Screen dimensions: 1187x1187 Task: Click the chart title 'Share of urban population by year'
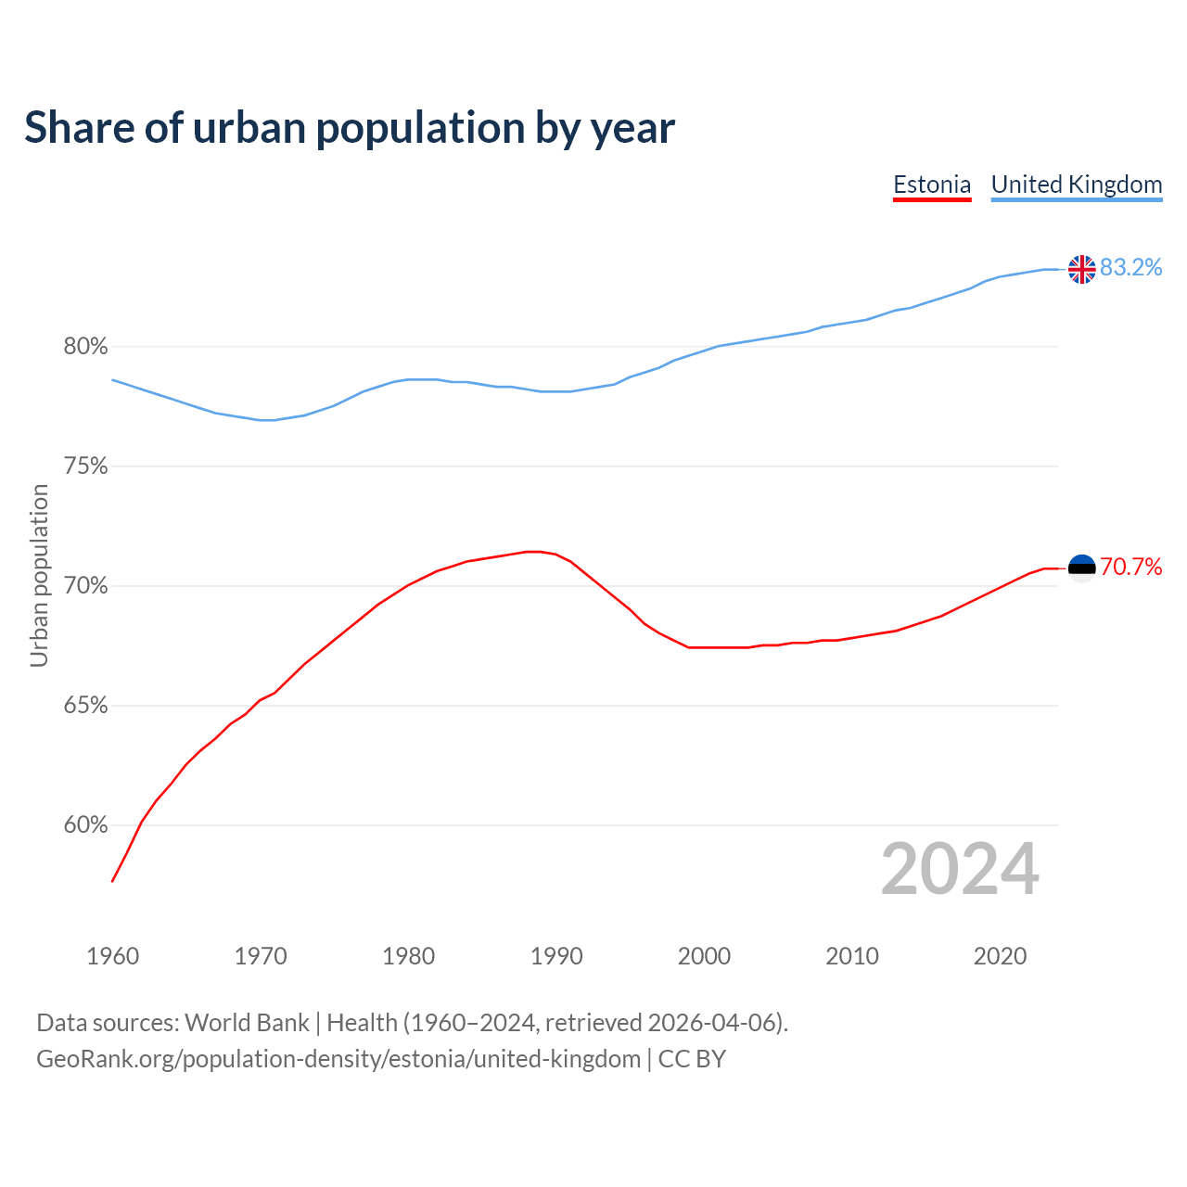[349, 128]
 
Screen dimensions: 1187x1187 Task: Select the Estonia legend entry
[931, 185]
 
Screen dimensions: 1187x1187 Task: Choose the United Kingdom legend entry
[1076, 185]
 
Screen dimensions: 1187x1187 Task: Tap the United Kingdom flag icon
[1081, 269]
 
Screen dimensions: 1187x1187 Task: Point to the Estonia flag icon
[1081, 568]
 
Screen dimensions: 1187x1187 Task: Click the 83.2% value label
[1130, 268]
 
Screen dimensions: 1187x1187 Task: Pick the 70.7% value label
[1130, 568]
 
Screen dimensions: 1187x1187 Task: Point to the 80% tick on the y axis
[85, 347]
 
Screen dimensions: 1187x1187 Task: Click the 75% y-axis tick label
[85, 466]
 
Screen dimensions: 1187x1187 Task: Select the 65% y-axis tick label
[85, 706]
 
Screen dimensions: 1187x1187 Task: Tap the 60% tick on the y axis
[85, 825]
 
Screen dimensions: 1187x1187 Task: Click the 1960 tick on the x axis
[112, 956]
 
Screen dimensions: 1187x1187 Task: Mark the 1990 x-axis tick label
[556, 956]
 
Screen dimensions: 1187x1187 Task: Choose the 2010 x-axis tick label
[852, 956]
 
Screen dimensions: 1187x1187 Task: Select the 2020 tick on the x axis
[1000, 956]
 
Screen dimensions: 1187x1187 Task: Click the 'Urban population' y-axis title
[39, 575]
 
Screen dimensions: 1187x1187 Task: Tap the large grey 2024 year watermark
[960, 869]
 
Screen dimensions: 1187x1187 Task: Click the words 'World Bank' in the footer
[247, 1023]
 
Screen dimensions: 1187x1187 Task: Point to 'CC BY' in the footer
[692, 1059]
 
